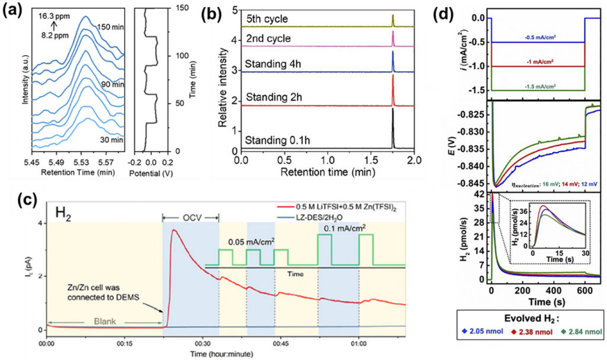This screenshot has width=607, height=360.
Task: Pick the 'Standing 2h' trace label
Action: (274, 97)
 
